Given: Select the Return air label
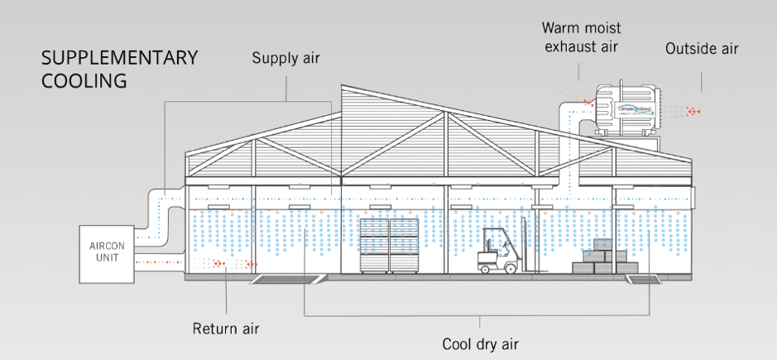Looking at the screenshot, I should (226, 329).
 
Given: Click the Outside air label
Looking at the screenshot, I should (702, 49).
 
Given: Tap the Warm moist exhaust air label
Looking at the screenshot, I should (580, 38).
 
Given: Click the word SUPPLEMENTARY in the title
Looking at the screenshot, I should (120, 58).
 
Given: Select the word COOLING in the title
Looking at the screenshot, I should (86, 81).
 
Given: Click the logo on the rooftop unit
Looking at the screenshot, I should (638, 108).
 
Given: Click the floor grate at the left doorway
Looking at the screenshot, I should (284, 280).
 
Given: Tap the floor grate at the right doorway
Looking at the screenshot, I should (645, 280).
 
